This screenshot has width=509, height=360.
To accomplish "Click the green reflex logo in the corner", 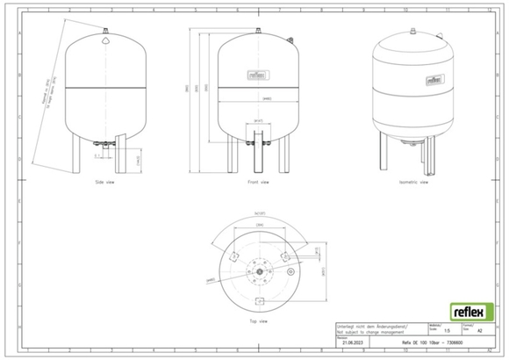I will click(x=473, y=311).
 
